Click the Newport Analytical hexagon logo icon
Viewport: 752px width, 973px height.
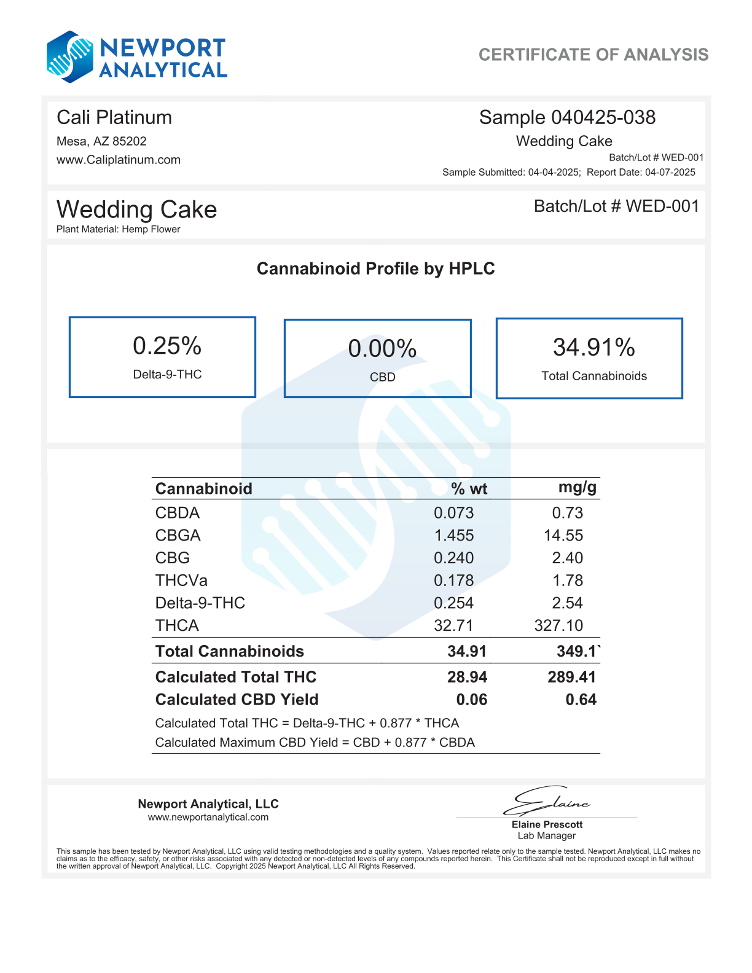point(70,57)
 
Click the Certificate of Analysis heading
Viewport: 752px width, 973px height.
point(593,55)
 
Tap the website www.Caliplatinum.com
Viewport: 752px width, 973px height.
point(119,160)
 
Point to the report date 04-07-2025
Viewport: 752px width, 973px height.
point(670,172)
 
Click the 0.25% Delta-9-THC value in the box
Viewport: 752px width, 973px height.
point(167,346)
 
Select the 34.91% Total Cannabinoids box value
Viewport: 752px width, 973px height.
point(593,348)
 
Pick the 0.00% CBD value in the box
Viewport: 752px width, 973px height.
point(382,349)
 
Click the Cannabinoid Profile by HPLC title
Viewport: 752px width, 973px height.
point(375,268)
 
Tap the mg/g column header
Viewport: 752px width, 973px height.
point(577,488)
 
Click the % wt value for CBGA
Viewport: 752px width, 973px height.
point(454,536)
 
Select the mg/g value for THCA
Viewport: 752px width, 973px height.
point(558,625)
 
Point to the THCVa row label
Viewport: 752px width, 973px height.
point(181,580)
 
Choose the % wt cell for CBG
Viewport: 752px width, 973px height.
point(454,558)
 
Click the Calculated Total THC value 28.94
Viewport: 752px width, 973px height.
point(467,677)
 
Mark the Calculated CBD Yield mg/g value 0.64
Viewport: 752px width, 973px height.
point(581,700)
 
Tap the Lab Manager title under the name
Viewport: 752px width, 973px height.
point(546,835)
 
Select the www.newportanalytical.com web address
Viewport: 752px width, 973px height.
point(208,817)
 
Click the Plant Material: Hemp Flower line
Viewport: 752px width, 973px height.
point(119,229)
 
